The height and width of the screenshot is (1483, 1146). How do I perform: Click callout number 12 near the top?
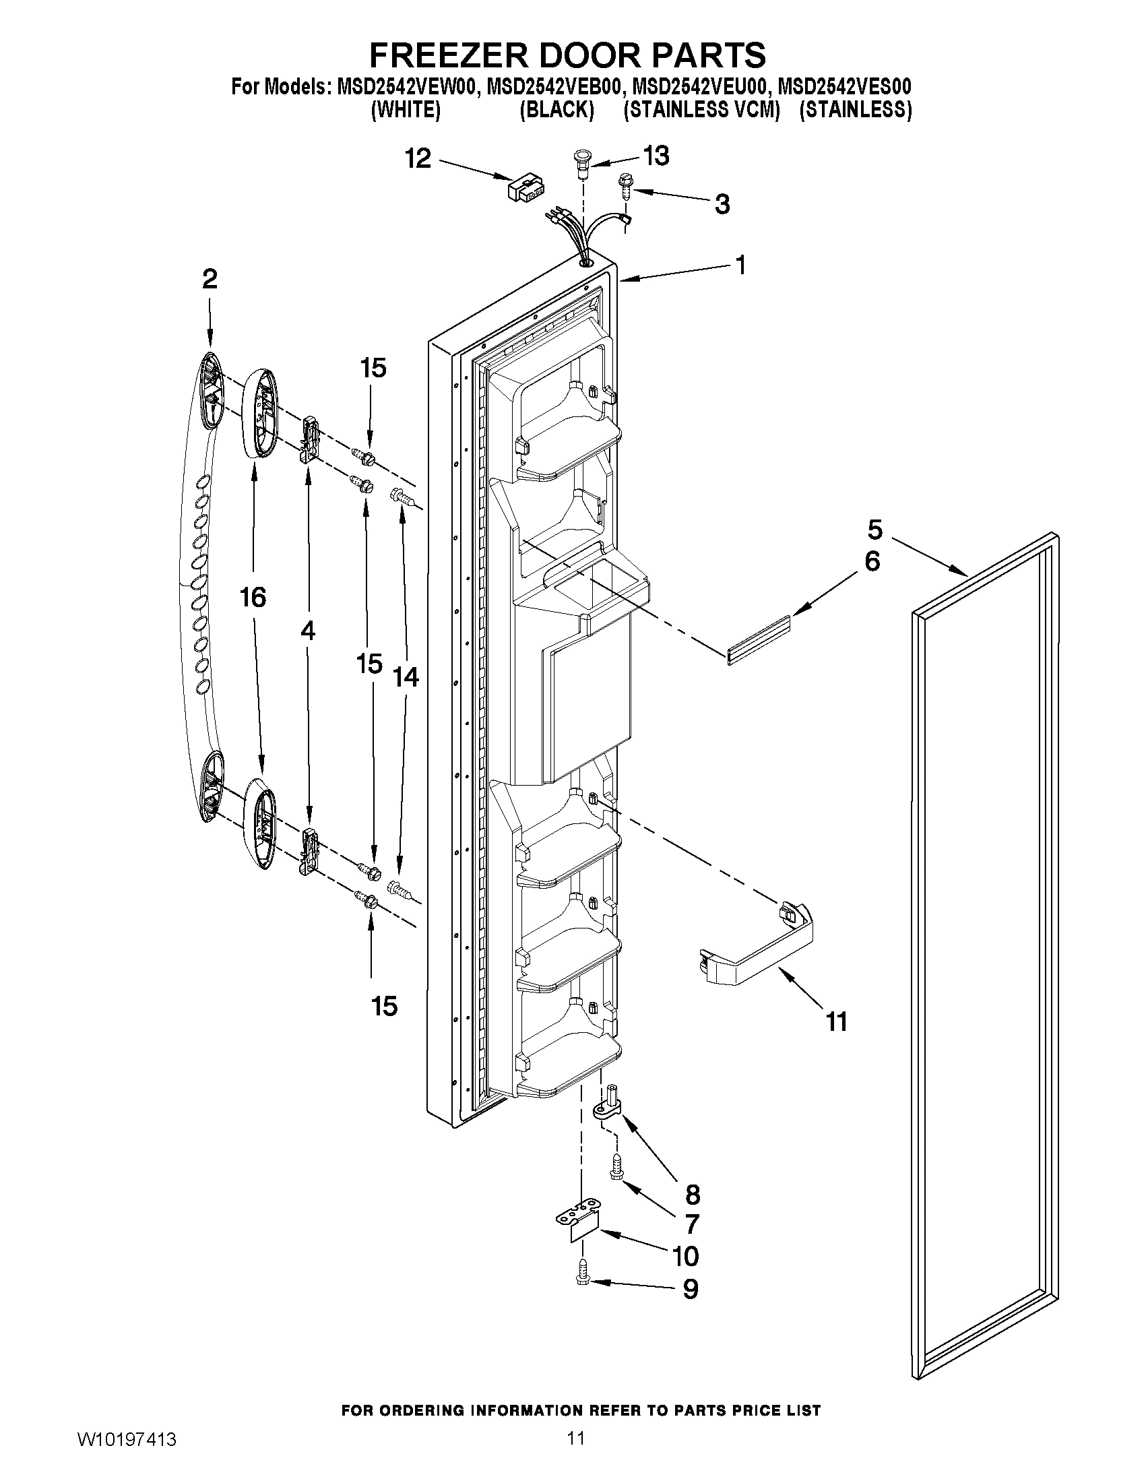pyautogui.click(x=418, y=159)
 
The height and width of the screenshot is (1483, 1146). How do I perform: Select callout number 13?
pyautogui.click(x=656, y=156)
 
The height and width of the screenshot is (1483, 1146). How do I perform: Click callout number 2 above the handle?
pyautogui.click(x=209, y=278)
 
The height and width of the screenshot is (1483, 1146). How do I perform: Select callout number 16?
pyautogui.click(x=252, y=598)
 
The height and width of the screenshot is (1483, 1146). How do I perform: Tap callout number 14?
pyautogui.click(x=406, y=677)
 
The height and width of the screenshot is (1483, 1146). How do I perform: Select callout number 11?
pyautogui.click(x=836, y=1040)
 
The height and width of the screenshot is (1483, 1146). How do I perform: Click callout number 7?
pyautogui.click(x=691, y=1224)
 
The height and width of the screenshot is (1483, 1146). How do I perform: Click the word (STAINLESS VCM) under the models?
pyautogui.click(x=701, y=110)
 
